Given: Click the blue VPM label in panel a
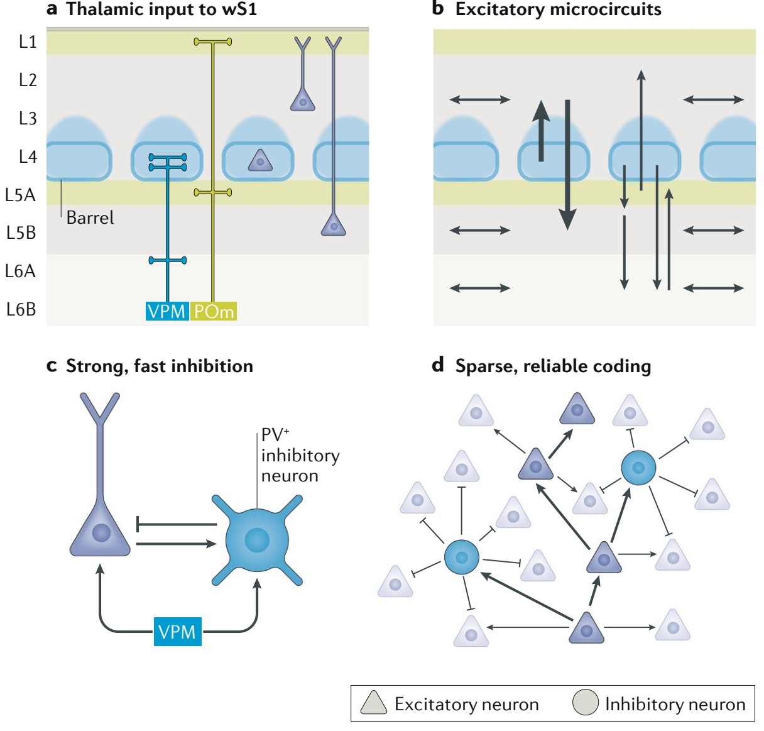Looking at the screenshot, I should pyautogui.click(x=166, y=311).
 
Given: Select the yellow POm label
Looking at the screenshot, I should pyautogui.click(x=214, y=311).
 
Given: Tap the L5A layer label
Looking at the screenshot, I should pyautogui.click(x=20, y=195).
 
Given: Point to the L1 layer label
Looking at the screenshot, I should pyautogui.click(x=28, y=41).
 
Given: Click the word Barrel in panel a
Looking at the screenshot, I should pyautogui.click(x=90, y=217).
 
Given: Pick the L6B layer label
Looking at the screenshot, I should pyautogui.click(x=21, y=309).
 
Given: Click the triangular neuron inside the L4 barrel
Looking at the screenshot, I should pyautogui.click(x=260, y=162).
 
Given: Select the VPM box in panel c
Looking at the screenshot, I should pyautogui.click(x=177, y=632).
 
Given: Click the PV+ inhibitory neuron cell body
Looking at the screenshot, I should pyautogui.click(x=257, y=540).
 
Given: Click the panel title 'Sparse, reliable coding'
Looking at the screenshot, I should pyautogui.click(x=553, y=366).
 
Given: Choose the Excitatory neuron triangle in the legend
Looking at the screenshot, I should pyautogui.click(x=373, y=703).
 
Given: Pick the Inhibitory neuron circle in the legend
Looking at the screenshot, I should pyautogui.click(x=585, y=703).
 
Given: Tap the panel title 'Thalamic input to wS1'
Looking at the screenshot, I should pyautogui.click(x=161, y=9).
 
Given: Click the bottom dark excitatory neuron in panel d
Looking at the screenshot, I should pyautogui.click(x=586, y=629).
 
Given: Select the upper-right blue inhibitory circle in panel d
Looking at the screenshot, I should pyautogui.click(x=638, y=468).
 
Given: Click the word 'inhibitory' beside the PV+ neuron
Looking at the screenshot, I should pyautogui.click(x=300, y=455).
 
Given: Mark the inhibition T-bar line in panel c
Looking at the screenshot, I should pyautogui.click(x=176, y=524).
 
